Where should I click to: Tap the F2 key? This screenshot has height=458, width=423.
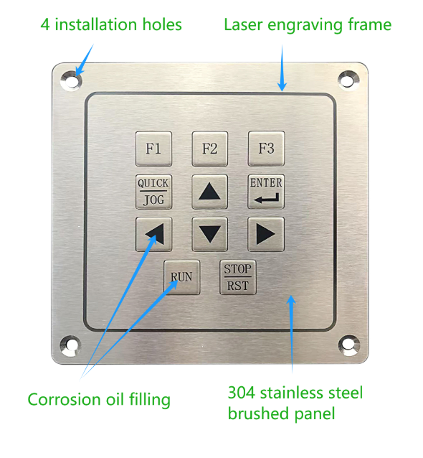point(210,149)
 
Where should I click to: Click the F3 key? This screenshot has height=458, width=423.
point(266,149)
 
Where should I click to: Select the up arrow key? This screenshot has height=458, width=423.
point(210,192)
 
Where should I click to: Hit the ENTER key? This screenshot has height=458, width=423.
point(266,192)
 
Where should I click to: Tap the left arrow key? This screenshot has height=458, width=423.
point(153,234)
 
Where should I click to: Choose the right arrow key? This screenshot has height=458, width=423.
point(266,234)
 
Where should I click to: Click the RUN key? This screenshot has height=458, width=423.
point(181,277)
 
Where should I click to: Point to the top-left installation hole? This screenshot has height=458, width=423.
point(71,80)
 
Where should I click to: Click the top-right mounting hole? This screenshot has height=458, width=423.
point(348,79)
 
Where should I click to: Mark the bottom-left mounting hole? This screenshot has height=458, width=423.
point(70,345)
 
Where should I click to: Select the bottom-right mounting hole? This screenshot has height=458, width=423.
point(349,345)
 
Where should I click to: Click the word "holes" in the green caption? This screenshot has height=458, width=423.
point(162,24)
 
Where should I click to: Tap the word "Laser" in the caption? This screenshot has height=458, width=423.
point(243,25)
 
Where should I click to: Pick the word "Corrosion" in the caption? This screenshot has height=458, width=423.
point(65,399)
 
